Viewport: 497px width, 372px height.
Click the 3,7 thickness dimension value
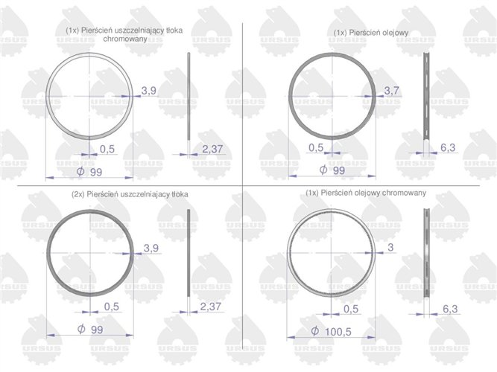[392, 91]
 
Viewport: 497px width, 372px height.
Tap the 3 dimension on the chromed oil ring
[389, 246]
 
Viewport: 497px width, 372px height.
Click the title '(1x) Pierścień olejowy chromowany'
[367, 193]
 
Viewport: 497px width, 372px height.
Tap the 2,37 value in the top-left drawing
[212, 150]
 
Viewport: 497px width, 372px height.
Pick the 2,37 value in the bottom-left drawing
[212, 306]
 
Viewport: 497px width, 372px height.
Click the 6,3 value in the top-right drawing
[448, 148]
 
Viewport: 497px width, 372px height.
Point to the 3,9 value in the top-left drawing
[149, 91]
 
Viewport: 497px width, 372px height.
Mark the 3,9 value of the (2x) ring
[151, 247]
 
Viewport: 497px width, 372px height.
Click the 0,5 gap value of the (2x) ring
[112, 307]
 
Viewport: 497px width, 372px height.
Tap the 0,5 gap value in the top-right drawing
[316, 147]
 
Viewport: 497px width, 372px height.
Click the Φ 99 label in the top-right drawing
[332, 170]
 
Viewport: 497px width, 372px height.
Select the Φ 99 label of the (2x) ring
[90, 329]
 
